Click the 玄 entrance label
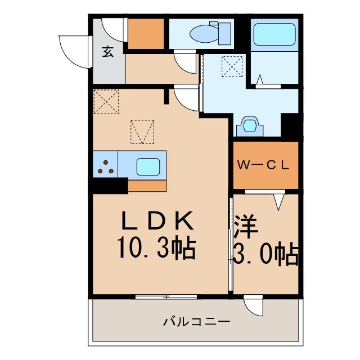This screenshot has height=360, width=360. pos(107,52)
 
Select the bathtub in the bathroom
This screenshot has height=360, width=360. pos(274,35)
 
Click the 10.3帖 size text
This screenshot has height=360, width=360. pos(156,248)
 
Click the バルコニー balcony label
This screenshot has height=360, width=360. pos(197,322)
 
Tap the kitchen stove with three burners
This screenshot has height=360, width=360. pos(105,165)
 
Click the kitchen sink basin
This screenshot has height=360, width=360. pos(148,166)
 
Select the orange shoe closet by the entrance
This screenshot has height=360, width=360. pos(146,34)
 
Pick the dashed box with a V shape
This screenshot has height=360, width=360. pos(142,132)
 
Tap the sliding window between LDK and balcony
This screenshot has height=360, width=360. pos(166,296)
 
